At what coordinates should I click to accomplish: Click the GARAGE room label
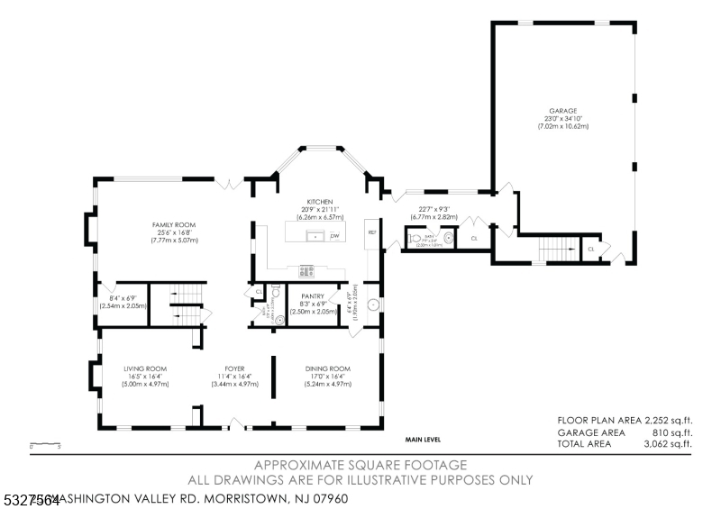point(565,111)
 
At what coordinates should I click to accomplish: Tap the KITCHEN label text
point(320,202)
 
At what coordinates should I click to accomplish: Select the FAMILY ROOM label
point(173,224)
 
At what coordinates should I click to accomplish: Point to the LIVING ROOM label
point(146,368)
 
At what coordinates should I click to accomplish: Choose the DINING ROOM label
point(328,368)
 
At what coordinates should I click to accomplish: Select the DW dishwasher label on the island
point(334,236)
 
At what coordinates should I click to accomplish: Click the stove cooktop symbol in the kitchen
point(307,268)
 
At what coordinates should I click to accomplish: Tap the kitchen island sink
point(315,236)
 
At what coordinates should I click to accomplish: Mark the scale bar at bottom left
point(44,444)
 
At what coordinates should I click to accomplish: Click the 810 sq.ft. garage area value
point(668,432)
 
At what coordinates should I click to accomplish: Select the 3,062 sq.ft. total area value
point(668,443)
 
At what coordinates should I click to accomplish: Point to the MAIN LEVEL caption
point(422,439)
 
